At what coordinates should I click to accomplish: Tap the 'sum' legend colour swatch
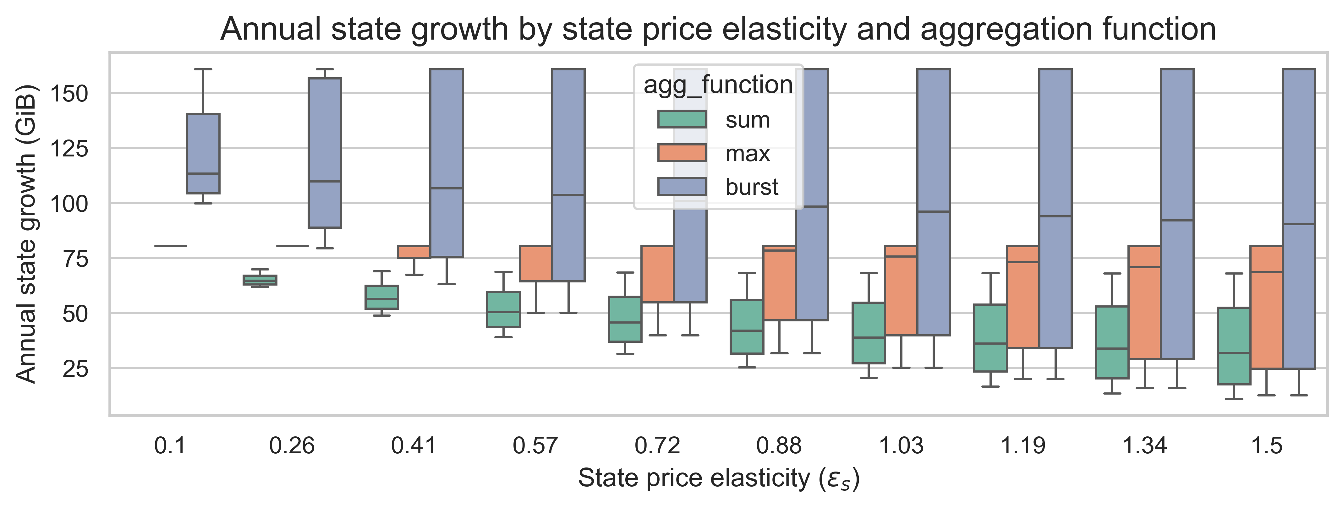point(682,119)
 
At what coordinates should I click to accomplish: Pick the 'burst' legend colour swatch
point(682,187)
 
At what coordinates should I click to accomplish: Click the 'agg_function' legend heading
point(718,85)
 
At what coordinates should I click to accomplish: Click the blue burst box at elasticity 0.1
point(203,153)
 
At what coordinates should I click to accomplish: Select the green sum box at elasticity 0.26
point(260,280)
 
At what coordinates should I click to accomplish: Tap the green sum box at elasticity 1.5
point(1234,346)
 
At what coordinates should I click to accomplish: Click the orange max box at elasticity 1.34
point(1144,302)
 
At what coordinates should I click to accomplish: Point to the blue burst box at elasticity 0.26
point(325,153)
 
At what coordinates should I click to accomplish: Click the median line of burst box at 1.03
point(933,211)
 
